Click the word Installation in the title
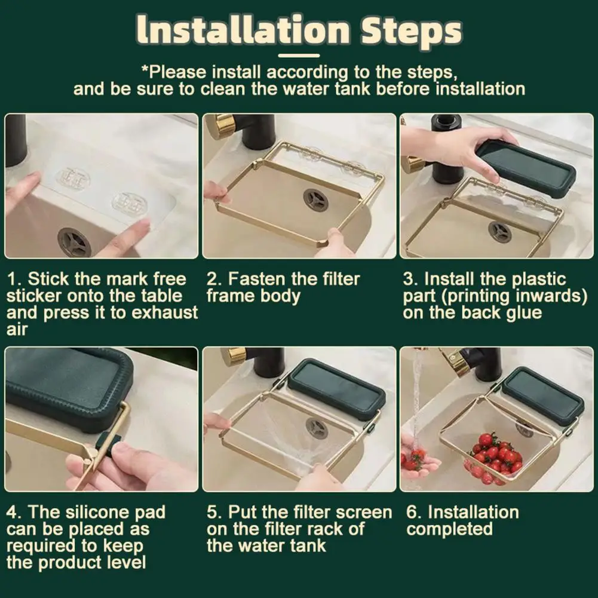coord(243,30)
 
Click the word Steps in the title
coord(412,30)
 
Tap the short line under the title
coord(299,56)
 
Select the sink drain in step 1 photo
coord(74,242)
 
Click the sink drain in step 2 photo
coord(316,200)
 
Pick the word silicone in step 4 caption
coord(98,512)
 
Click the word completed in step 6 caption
coord(449,530)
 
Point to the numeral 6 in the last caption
coord(412,513)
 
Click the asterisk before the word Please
coord(145,69)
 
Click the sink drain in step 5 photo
coord(317,428)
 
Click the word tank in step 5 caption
coord(308,546)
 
